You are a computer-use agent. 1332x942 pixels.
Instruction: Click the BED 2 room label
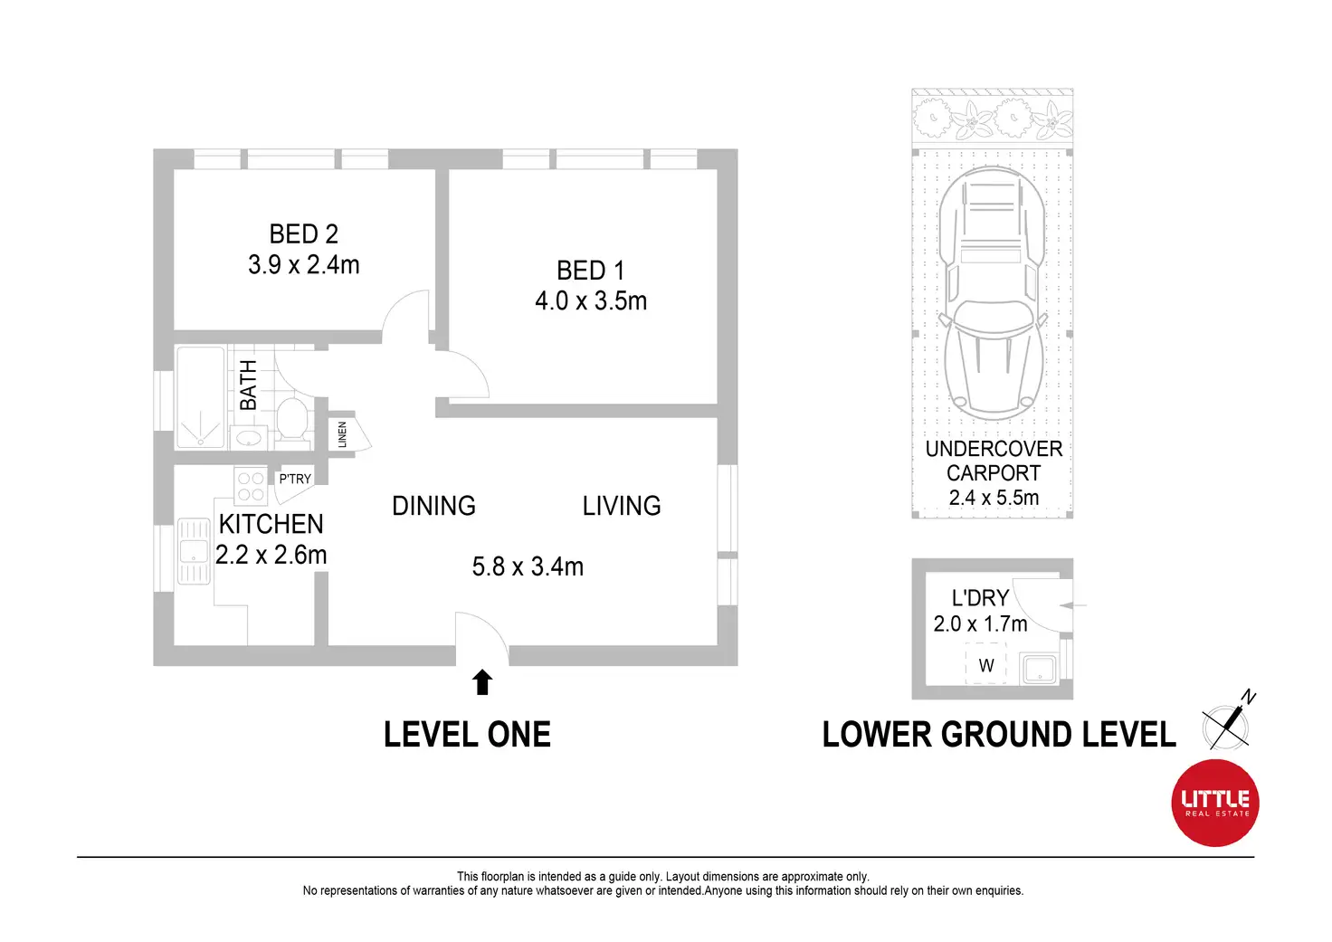[x=303, y=234]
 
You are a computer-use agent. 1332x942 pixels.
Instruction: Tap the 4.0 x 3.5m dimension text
[x=591, y=301]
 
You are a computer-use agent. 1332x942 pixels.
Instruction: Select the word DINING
[x=433, y=506]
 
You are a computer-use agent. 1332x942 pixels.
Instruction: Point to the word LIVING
[x=622, y=506]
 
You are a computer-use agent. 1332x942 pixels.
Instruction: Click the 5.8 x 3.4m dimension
[x=528, y=566]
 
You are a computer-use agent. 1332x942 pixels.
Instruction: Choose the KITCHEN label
[x=271, y=525]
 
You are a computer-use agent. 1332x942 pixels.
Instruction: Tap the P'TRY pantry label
[x=295, y=479]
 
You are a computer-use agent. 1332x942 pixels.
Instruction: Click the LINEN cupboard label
[x=342, y=434]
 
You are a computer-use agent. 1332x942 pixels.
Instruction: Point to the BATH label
[x=248, y=385]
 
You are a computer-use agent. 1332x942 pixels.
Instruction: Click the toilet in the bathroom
[x=292, y=419]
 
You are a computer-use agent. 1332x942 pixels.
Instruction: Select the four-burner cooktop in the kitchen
[x=251, y=487]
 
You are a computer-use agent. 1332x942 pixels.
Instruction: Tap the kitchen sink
[x=194, y=551]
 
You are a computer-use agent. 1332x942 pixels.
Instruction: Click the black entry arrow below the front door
[x=482, y=682]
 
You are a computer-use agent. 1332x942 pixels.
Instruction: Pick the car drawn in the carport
[x=993, y=292]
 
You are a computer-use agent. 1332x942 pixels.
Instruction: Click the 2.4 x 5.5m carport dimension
[x=994, y=498]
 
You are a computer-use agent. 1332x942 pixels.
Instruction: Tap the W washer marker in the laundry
[x=986, y=665]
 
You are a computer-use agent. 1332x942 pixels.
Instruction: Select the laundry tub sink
[x=1039, y=669]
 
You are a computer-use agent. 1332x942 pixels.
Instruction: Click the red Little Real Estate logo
[x=1215, y=803]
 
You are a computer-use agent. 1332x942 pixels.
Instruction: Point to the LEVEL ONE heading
[x=468, y=735]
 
